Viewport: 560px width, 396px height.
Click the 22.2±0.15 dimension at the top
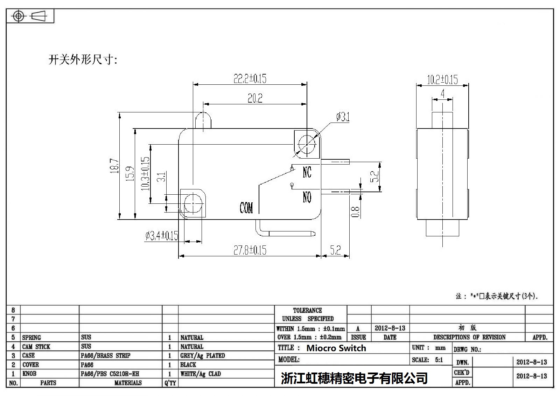click(250, 78)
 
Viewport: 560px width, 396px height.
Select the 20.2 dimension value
click(255, 98)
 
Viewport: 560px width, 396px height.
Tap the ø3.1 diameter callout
click(343, 117)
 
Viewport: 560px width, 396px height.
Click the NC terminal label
click(307, 172)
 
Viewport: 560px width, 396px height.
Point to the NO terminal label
click(307, 198)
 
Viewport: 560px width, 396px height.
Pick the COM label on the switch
click(246, 208)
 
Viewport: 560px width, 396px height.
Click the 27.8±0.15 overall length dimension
click(250, 250)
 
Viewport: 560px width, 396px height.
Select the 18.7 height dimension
click(114, 166)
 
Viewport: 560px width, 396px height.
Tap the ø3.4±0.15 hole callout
click(162, 236)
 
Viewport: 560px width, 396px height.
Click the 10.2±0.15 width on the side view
click(442, 79)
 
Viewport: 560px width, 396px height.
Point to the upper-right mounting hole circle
click(307, 145)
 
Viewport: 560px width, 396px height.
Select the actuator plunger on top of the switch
click(203, 121)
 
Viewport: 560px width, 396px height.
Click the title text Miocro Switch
click(336, 348)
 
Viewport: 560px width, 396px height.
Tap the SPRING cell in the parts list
click(31, 338)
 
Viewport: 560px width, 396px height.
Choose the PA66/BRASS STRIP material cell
click(105, 356)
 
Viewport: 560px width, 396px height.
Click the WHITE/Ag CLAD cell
click(201, 374)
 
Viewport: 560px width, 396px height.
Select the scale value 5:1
click(439, 360)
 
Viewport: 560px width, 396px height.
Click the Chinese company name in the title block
click(354, 378)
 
